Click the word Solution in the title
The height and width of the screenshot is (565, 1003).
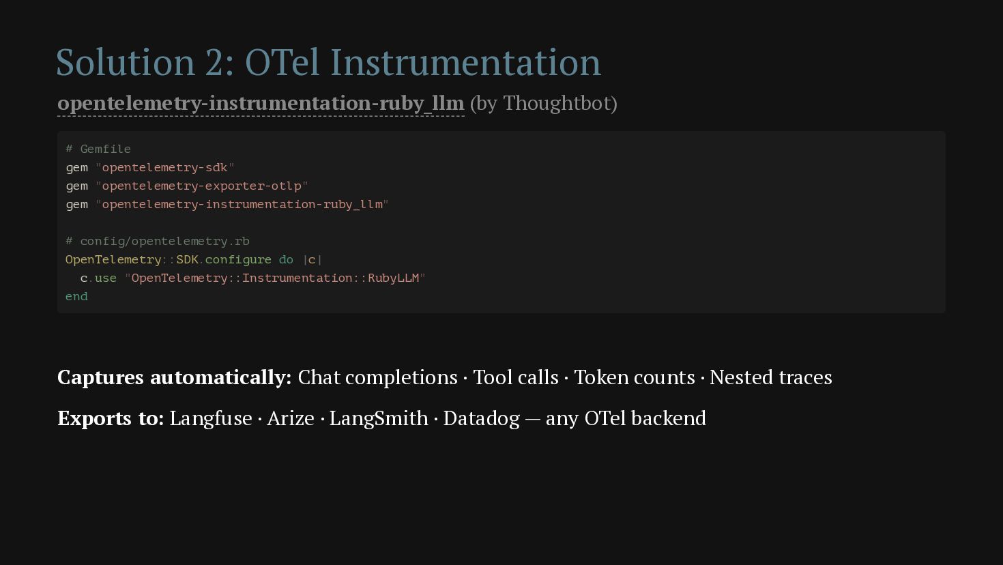point(126,62)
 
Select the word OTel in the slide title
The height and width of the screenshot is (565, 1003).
point(282,62)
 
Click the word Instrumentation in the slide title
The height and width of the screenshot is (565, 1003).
point(465,62)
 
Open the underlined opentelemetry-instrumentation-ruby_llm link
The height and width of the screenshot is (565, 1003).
point(261,104)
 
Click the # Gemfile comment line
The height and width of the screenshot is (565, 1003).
point(98,149)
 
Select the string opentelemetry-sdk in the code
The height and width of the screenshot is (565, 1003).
point(164,167)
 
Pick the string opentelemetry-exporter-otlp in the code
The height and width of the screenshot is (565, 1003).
point(201,186)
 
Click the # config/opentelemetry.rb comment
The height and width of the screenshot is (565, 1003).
point(158,242)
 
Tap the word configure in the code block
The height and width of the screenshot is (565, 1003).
point(238,260)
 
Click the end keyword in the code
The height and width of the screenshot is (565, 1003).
point(76,296)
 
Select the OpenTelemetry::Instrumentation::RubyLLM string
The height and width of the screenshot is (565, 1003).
point(276,278)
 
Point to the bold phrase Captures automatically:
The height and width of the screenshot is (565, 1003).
point(175,377)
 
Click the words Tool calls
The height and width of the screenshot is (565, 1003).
point(516,377)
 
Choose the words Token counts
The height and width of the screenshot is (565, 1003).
point(635,377)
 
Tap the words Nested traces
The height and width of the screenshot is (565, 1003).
point(770,377)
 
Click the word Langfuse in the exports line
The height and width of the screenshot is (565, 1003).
point(211,418)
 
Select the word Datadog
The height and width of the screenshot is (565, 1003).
point(481,418)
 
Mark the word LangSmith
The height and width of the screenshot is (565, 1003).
point(379,418)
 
